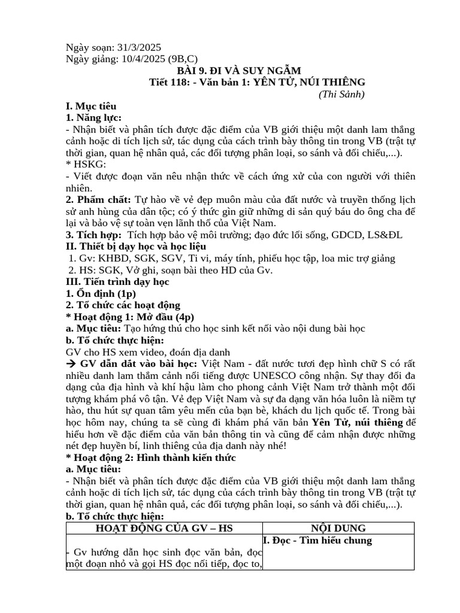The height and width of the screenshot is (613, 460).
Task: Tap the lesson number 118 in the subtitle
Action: (181, 82)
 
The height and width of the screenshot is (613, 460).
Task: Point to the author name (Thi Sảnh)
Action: (341, 94)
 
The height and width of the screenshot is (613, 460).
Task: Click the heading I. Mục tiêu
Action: (90, 106)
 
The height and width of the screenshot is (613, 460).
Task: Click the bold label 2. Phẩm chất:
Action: (99, 199)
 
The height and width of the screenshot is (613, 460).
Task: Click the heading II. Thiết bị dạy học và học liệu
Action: (136, 247)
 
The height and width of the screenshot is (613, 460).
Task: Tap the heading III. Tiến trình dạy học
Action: (117, 281)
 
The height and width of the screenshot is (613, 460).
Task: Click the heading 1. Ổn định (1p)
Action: (101, 293)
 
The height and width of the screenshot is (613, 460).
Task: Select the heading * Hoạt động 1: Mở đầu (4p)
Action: (130, 317)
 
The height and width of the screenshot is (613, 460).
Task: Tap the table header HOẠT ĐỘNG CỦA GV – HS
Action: (164, 528)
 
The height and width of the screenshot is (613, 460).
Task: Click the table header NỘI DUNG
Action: (338, 528)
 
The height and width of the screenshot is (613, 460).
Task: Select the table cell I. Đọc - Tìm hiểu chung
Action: (317, 541)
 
